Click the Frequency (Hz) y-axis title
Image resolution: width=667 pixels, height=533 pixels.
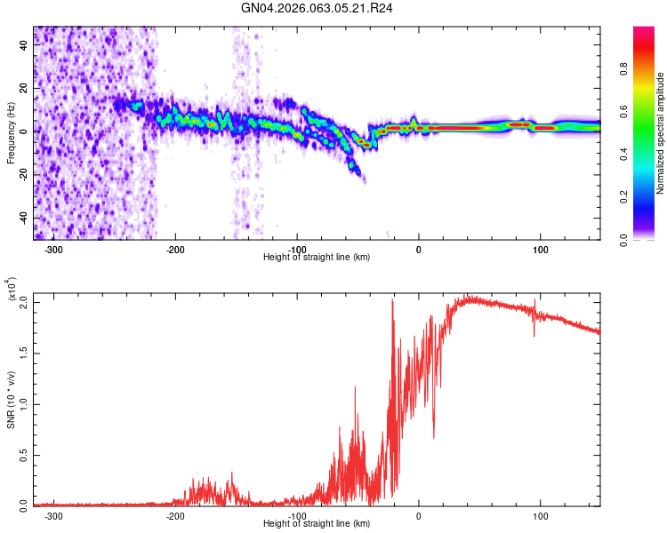pyautogui.click(x=11, y=133)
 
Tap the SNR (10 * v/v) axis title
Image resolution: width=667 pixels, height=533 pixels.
pyautogui.click(x=11, y=398)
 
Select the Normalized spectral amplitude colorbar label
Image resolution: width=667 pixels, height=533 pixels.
pyautogui.click(x=661, y=133)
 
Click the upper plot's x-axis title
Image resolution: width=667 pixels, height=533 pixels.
pyautogui.click(x=317, y=257)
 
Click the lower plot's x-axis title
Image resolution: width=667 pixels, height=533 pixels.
pyautogui.click(x=317, y=523)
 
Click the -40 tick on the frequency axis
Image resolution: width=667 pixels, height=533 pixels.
pyautogui.click(x=22, y=219)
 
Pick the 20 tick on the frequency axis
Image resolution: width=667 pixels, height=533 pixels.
pyautogui.click(x=24, y=89)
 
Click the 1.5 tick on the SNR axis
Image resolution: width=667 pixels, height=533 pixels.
pyautogui.click(x=23, y=354)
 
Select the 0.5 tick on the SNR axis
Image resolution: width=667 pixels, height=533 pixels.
pyautogui.click(x=23, y=454)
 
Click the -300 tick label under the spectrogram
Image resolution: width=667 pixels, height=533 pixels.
pyautogui.click(x=53, y=250)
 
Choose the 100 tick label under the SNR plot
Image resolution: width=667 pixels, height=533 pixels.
pyautogui.click(x=540, y=515)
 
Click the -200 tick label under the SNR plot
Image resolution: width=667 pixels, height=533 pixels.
pyautogui.click(x=175, y=515)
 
